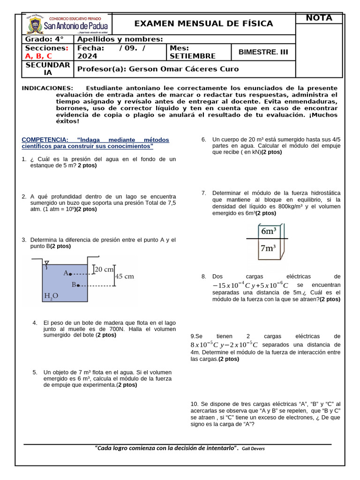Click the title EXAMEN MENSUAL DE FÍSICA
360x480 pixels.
coord(203,23)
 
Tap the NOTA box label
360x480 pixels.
coord(319,18)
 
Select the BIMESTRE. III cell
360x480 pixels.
coord(263,52)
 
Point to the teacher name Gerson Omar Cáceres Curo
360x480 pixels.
coord(184,69)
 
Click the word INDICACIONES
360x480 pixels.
coord(47,88)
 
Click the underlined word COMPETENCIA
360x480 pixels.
coord(45,140)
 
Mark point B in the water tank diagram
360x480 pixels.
coord(78,285)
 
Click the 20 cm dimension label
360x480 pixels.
coord(105,270)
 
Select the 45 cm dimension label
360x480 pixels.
coord(124,277)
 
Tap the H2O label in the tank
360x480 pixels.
coord(51,296)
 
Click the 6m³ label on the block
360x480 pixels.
coord(268,231)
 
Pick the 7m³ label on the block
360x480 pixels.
coord(268,248)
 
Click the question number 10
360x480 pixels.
coord(195,404)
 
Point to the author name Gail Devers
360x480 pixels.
coord(253,449)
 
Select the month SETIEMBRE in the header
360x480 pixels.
coord(186,56)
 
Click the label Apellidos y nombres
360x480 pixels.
coord(120,39)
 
